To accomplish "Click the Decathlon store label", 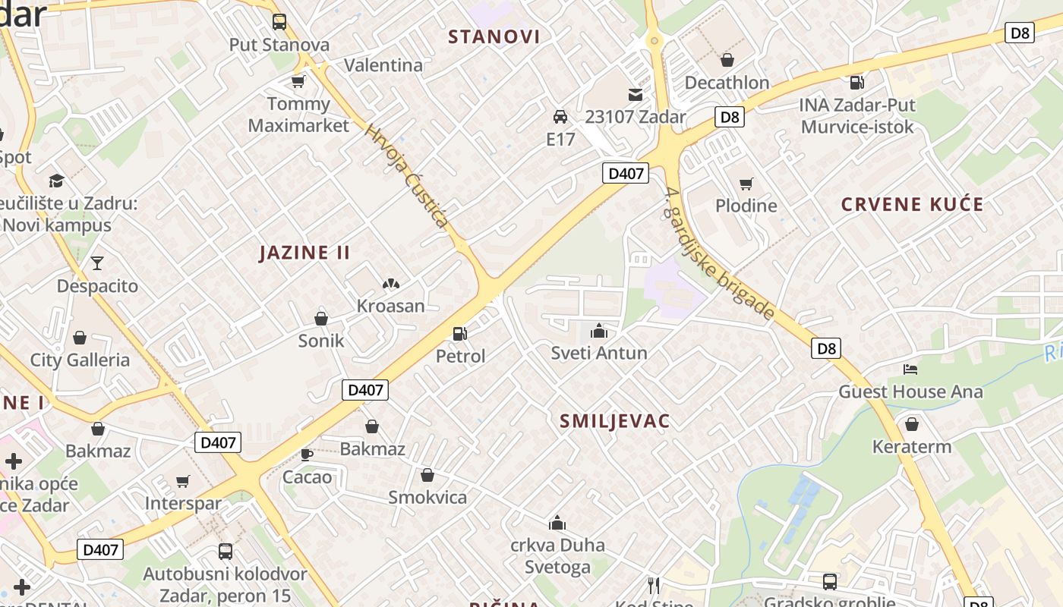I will pos(727,82).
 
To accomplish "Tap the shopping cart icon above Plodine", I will pos(746,184).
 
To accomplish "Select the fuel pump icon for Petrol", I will pos(459,333).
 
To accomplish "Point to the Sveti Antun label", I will pos(599,353).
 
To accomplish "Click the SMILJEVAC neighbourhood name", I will pos(614,422).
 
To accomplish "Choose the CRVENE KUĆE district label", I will pos(912,204).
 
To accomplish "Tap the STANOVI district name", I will pos(494,36).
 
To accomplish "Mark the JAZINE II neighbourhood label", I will pos(304,253).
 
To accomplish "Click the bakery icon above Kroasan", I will pos(391,284).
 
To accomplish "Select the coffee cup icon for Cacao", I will pos(307,454).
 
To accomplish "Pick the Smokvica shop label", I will pos(427,498).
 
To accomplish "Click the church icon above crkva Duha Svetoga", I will pos(557,523).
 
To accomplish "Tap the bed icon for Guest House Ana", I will pos(910,370).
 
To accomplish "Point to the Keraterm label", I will pos(912,446).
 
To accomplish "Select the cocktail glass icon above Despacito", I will pos(97,263).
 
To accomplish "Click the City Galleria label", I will pos(80,360).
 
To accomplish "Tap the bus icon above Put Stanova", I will pos(279,22).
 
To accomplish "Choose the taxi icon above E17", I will pos(560,117).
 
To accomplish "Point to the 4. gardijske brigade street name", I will pos(719,253).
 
